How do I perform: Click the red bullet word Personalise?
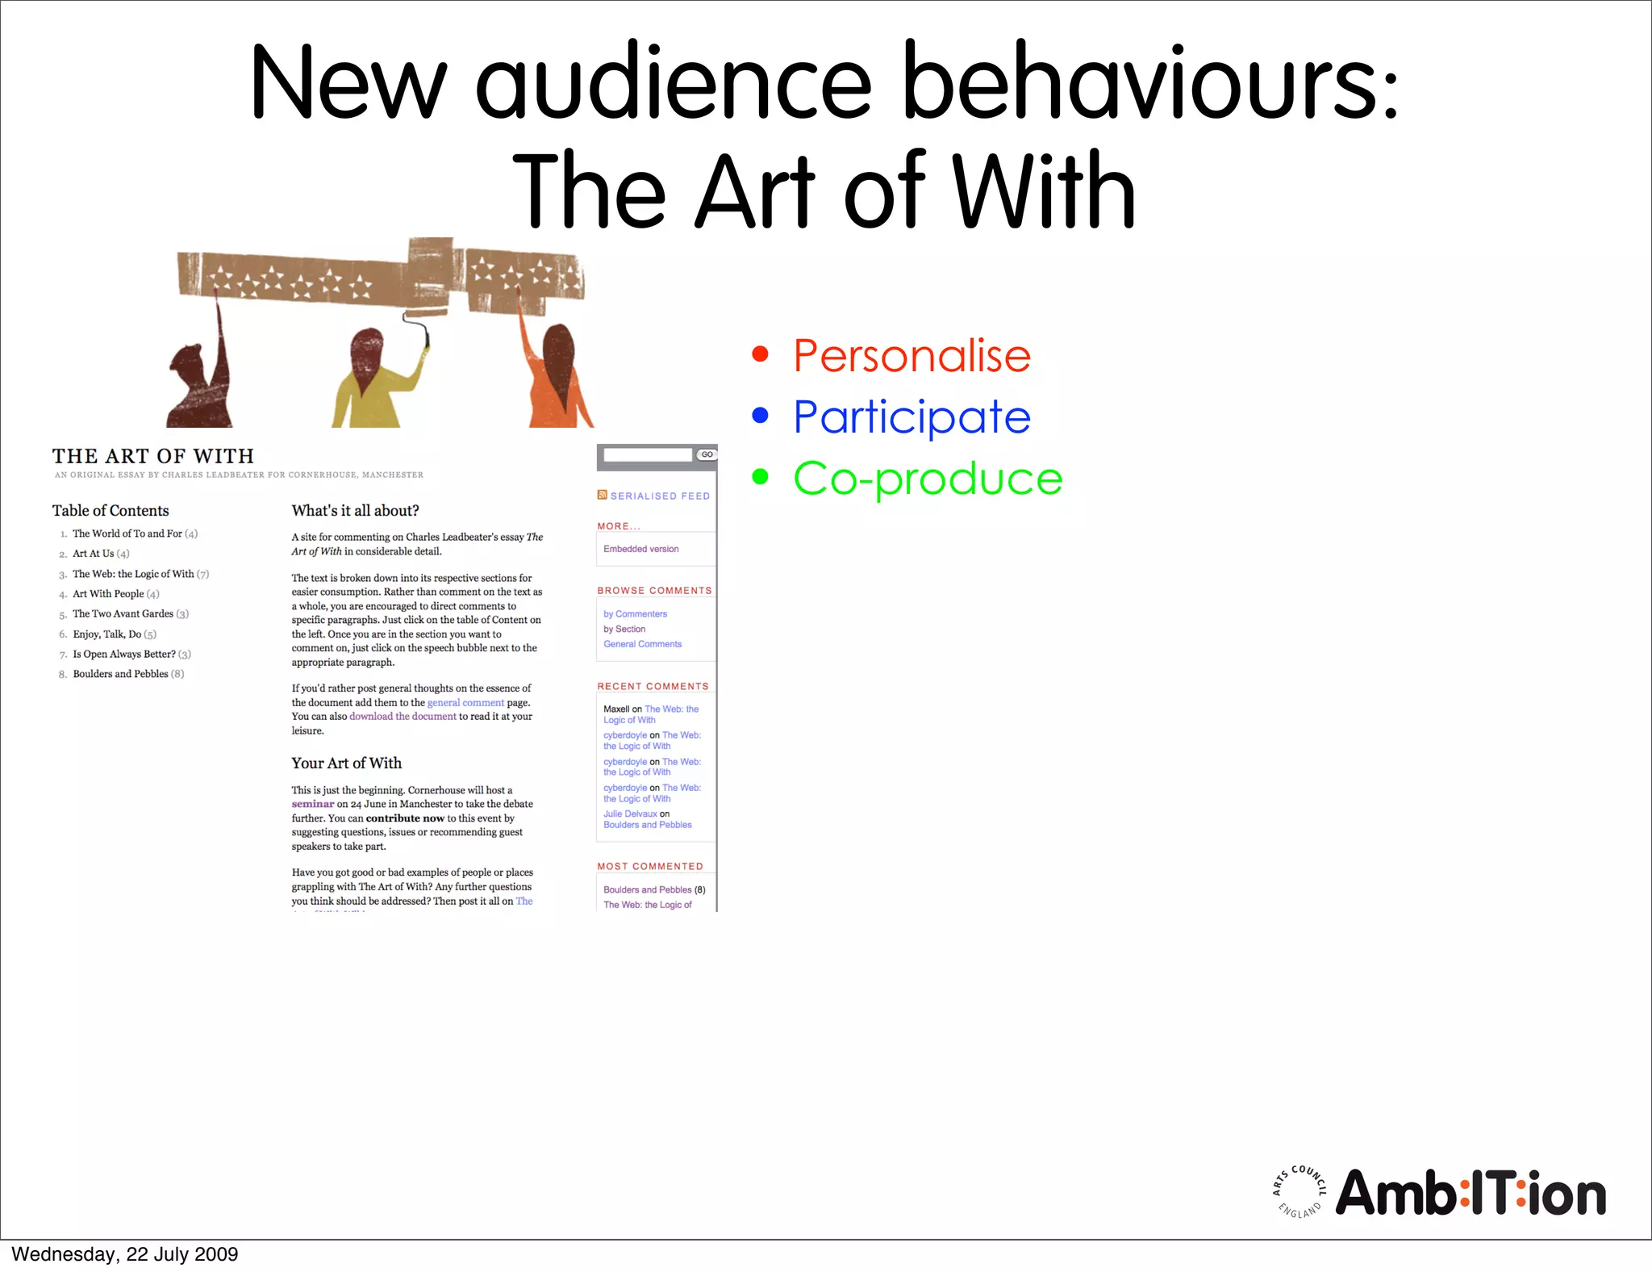click(912, 355)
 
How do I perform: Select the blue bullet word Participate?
click(912, 417)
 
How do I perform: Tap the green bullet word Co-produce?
click(928, 478)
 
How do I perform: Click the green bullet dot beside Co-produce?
click(760, 476)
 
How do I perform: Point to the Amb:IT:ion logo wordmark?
click(1470, 1194)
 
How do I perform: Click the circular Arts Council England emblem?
click(1299, 1191)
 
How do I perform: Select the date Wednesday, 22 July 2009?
click(125, 1254)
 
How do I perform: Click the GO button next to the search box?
click(707, 454)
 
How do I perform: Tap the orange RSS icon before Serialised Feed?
click(602, 495)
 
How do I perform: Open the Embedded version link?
click(640, 549)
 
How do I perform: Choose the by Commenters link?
click(635, 614)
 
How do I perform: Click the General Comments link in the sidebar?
click(642, 644)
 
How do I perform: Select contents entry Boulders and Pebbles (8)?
click(127, 674)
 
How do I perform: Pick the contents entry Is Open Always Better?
click(124, 654)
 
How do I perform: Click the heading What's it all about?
click(355, 511)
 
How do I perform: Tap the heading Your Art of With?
click(346, 764)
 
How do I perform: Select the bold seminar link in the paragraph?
click(312, 804)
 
